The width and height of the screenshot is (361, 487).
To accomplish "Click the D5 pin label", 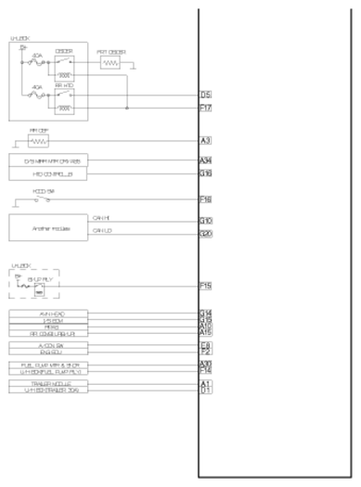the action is click(206, 95).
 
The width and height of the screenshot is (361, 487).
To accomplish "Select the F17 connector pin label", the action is click(206, 108).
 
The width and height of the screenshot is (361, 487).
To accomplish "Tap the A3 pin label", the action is click(205, 141).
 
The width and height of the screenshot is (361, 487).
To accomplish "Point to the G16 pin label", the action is click(206, 173).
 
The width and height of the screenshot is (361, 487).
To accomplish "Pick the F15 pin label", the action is click(206, 287).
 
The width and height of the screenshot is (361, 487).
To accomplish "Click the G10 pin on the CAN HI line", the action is click(206, 221).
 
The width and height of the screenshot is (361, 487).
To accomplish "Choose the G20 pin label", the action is click(206, 234).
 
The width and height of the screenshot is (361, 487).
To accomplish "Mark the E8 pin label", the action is click(205, 345).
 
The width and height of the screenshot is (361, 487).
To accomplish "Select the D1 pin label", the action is click(205, 391).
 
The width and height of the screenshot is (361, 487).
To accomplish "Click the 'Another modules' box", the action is click(46, 227).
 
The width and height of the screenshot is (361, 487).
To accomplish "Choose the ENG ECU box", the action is click(49, 352).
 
